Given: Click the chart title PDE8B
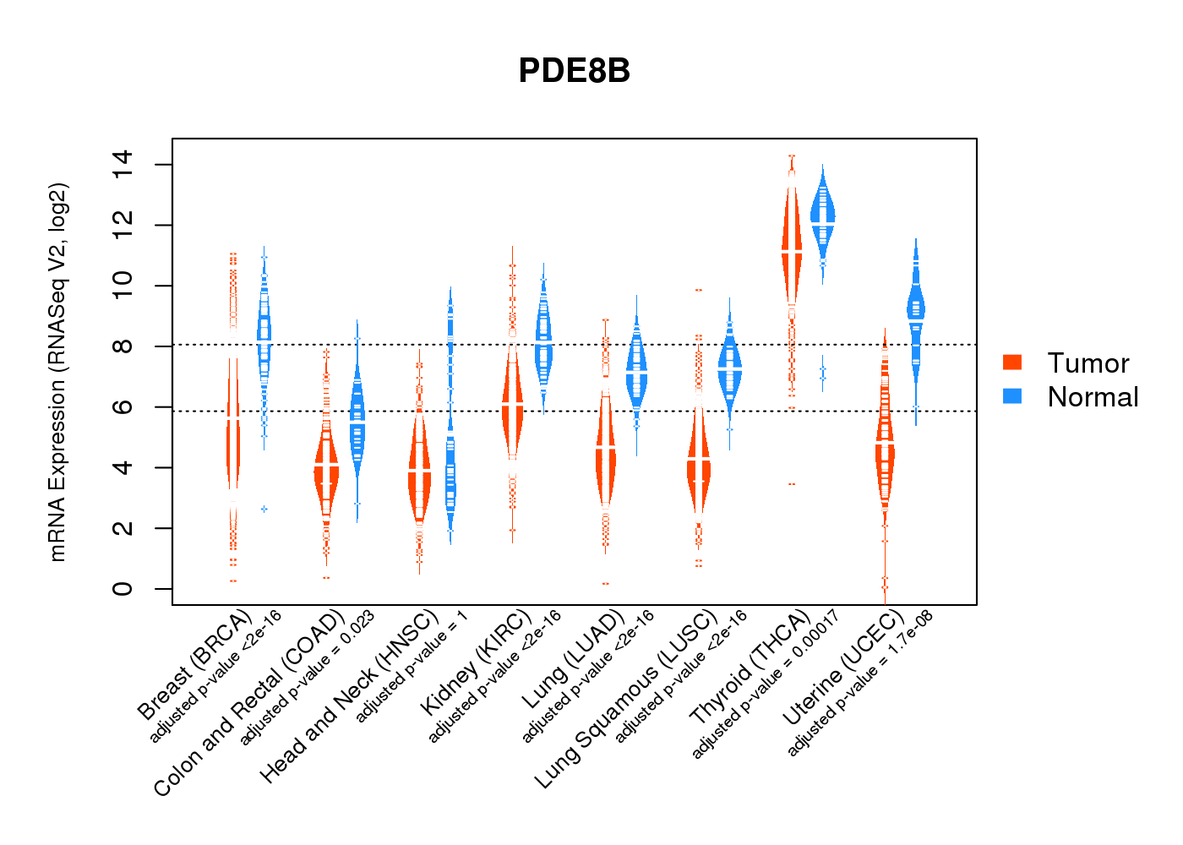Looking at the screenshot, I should point(575,71).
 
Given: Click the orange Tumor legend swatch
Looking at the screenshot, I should point(1012,363).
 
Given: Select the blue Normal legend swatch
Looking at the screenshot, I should point(1012,396).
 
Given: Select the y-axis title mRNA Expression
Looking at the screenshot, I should point(57,372).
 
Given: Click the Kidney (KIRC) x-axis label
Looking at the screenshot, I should point(475,662).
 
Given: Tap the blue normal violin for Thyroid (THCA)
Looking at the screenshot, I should point(822,215).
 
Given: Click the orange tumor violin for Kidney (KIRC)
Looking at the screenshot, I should point(512,406).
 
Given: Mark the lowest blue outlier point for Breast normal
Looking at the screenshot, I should point(264,509).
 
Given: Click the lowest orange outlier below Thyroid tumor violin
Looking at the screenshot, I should point(792,484).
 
